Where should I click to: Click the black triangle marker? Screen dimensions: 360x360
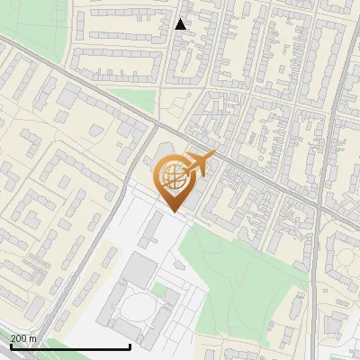[x=181, y=24]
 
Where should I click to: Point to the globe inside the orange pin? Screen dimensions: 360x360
[x=171, y=176]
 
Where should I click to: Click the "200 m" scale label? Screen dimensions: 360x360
[x=23, y=338]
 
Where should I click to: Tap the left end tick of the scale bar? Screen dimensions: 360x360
[x=10, y=345]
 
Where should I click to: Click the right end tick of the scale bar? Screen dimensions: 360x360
[x=130, y=345]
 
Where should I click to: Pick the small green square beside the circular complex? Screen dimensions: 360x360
[x=160, y=291]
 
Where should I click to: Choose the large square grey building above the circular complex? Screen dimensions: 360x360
[x=139, y=268]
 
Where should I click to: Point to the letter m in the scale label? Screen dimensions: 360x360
[x=33, y=338]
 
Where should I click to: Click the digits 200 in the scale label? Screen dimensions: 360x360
[x=19, y=338]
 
